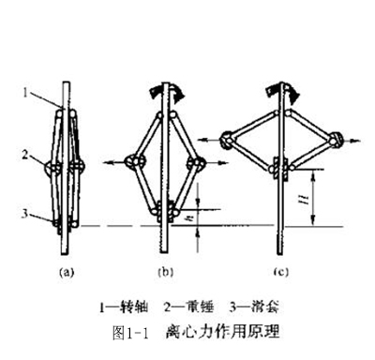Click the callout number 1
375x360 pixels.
coord(28,93)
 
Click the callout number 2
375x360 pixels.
coord(28,156)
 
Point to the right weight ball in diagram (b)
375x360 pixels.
coord(195,163)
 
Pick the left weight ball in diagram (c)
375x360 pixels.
coord(229,142)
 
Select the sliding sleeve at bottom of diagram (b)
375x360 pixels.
coord(167,209)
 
